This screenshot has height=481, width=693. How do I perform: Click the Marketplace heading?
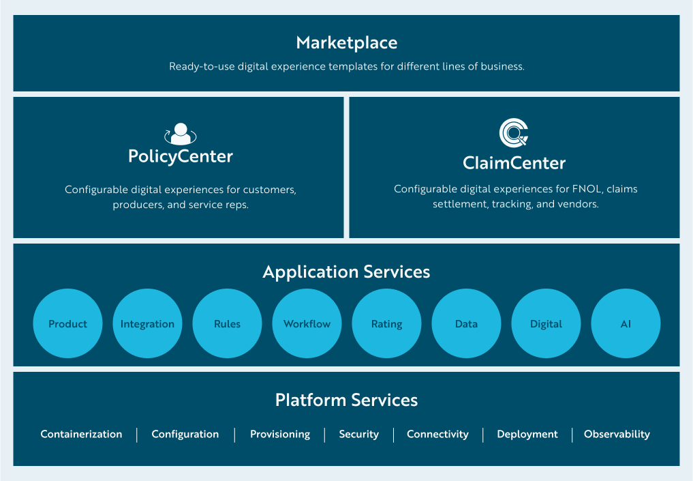[346, 43]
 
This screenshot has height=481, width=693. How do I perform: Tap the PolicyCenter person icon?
[180, 134]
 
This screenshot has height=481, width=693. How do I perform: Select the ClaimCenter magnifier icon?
[514, 134]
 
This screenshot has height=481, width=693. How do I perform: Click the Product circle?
[67, 324]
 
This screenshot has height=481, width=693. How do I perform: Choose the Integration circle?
[147, 324]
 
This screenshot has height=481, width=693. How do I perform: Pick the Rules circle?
[227, 324]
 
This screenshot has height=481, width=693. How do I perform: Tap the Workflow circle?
[307, 324]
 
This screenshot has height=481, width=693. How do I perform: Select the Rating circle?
[386, 324]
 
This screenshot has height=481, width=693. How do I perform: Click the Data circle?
[466, 324]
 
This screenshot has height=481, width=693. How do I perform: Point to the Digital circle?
[546, 324]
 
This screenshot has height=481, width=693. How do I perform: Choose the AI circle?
[626, 324]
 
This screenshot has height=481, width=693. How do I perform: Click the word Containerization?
[81, 435]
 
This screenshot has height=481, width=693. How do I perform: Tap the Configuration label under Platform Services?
[185, 435]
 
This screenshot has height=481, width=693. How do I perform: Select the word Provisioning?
[279, 435]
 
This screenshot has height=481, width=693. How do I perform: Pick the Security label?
[358, 435]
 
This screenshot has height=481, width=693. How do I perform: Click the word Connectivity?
[437, 435]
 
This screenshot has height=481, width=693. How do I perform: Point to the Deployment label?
[527, 435]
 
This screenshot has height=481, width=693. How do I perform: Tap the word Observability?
[617, 435]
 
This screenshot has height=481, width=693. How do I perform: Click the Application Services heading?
[346, 272]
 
